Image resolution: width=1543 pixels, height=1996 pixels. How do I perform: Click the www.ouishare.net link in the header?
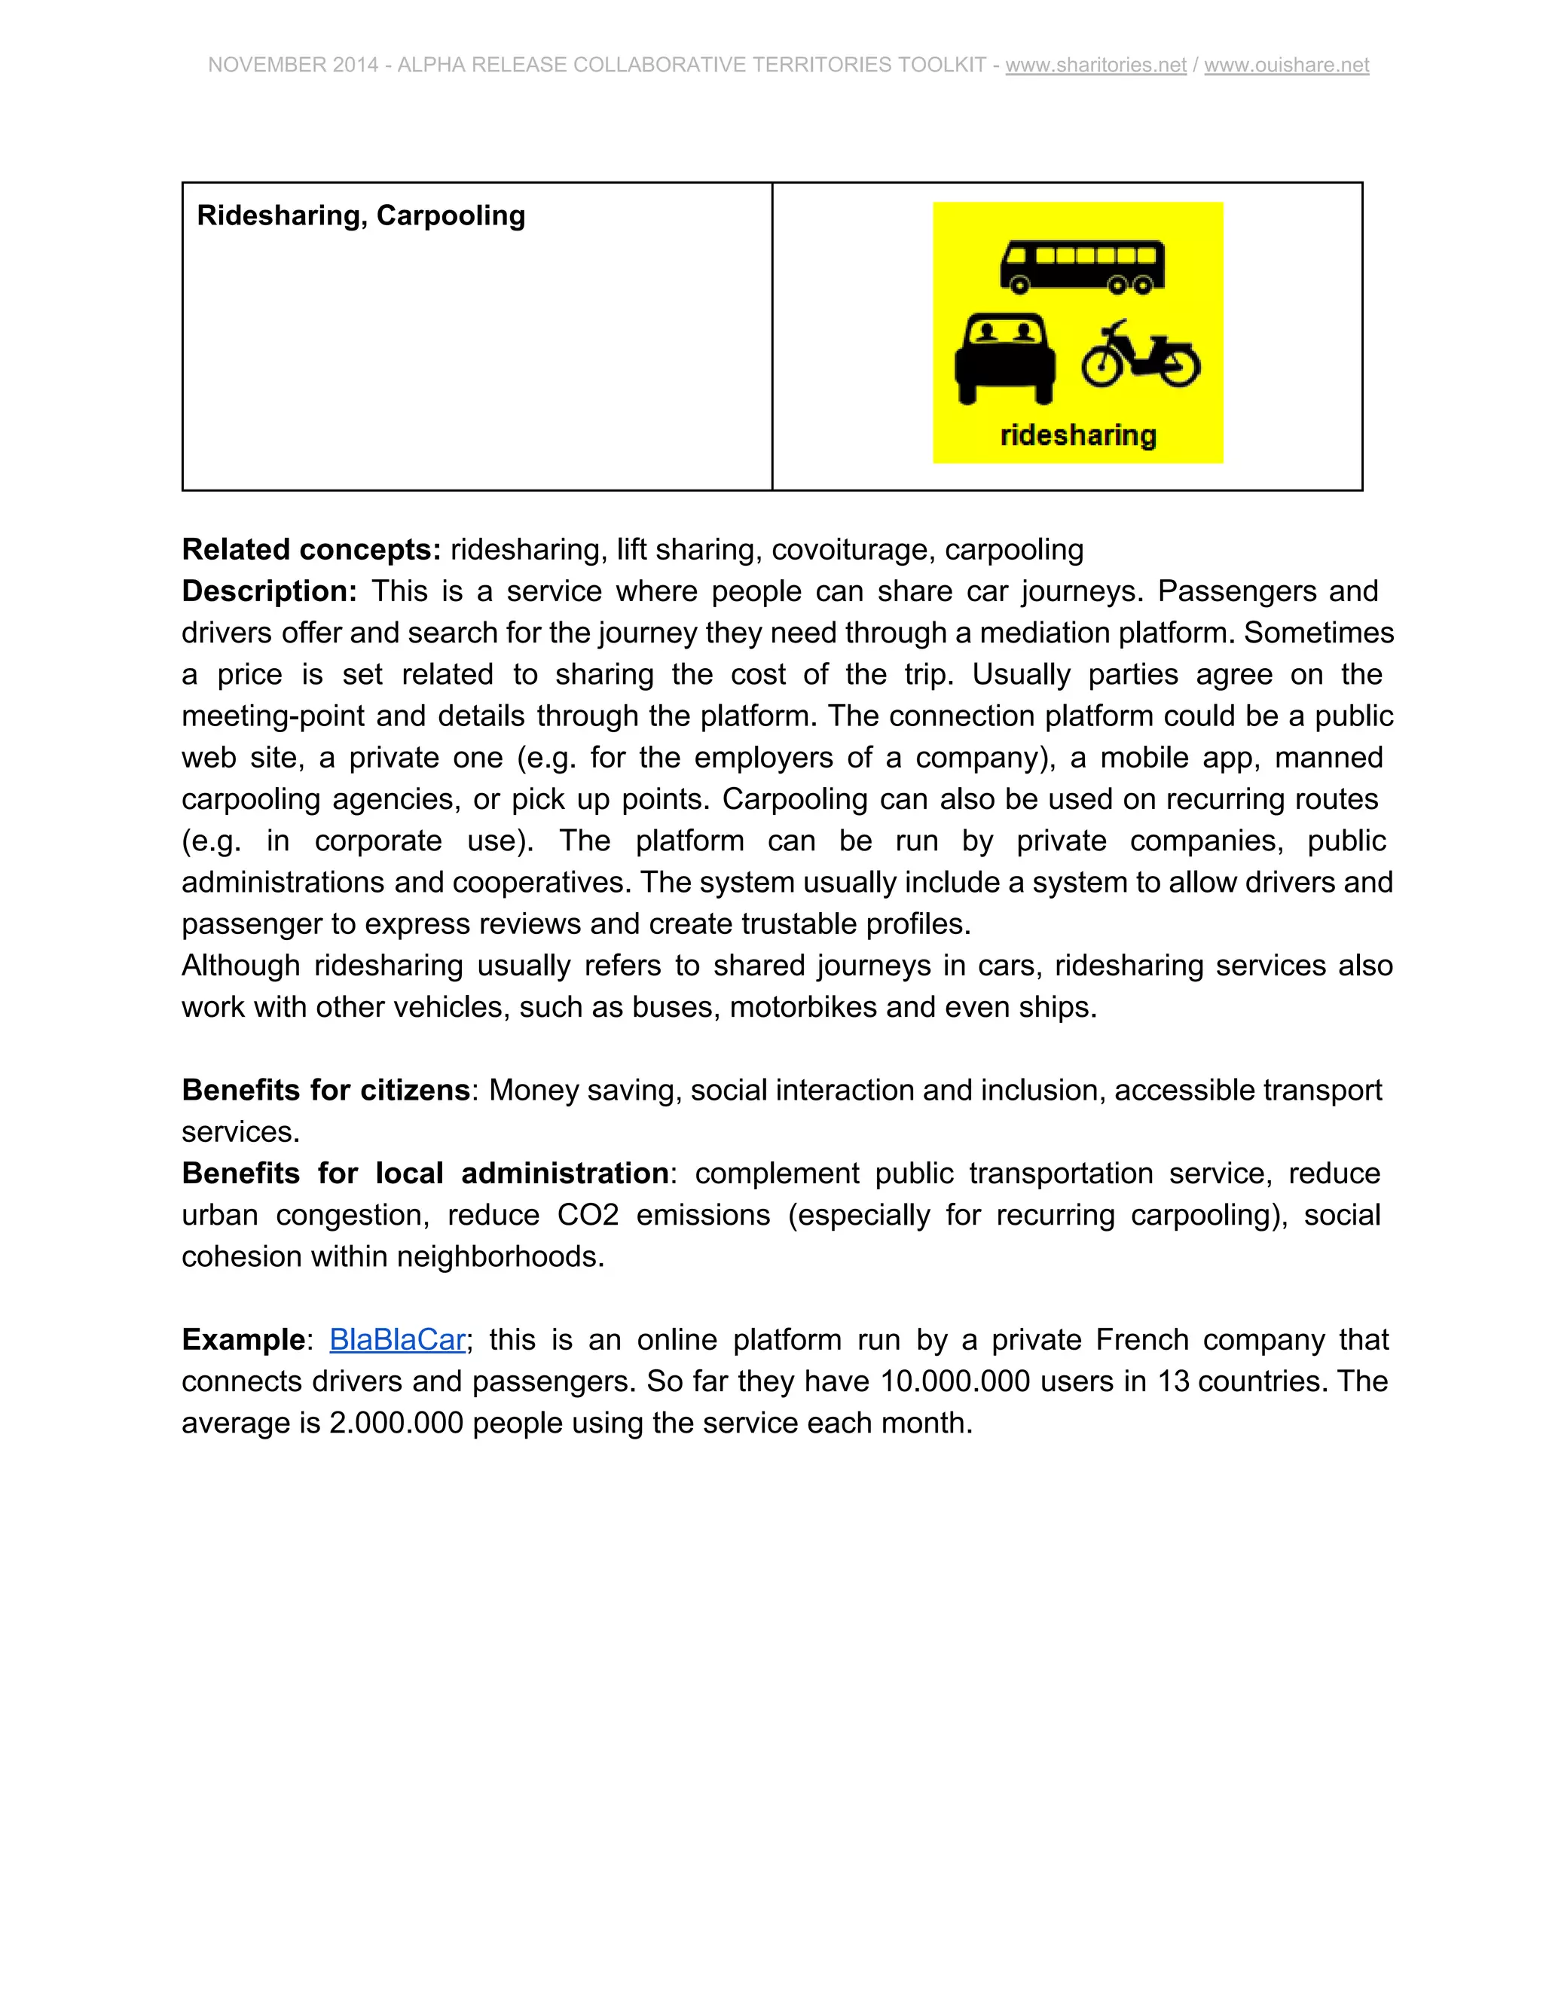(x=1286, y=65)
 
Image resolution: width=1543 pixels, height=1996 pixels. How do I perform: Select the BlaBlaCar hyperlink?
(x=398, y=1339)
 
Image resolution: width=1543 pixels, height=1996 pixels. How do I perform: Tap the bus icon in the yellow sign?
(x=1083, y=267)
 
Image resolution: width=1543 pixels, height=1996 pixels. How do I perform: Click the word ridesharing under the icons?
(x=1077, y=435)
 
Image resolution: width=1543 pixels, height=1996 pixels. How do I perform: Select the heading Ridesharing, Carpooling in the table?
(x=361, y=215)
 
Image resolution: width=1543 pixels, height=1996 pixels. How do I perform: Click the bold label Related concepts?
(x=312, y=549)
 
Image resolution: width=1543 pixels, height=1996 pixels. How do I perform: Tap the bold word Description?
(x=270, y=591)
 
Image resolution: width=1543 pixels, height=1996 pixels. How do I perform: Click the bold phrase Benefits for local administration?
(x=425, y=1173)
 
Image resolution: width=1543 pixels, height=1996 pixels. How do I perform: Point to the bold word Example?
(x=243, y=1339)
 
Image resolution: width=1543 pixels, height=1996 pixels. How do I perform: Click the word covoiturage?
(x=854, y=549)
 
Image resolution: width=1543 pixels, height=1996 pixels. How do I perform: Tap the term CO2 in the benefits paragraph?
(x=588, y=1215)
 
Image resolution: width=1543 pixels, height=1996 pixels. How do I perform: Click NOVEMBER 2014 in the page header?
(x=292, y=65)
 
